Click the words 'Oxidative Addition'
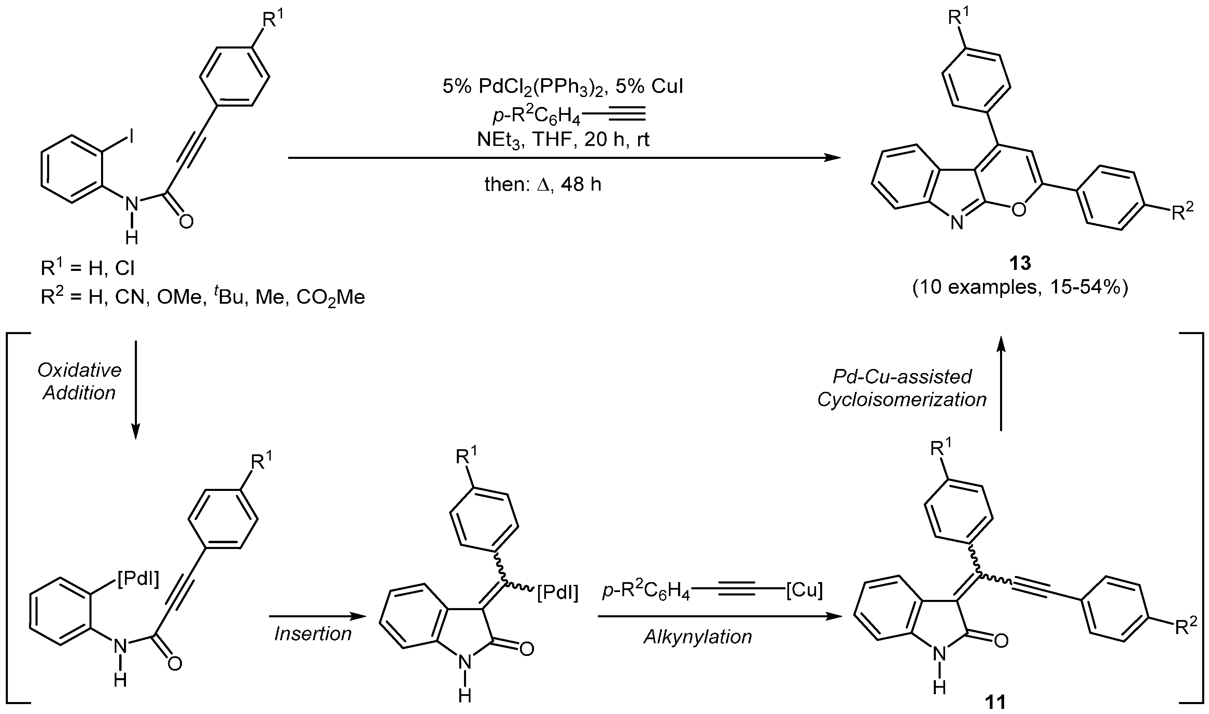(79, 382)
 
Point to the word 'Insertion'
(313, 634)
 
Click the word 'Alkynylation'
(698, 636)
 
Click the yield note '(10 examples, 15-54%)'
(1020, 287)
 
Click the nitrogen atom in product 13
(957, 223)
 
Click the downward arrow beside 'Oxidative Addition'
(136, 390)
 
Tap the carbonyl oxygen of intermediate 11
(1000, 641)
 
